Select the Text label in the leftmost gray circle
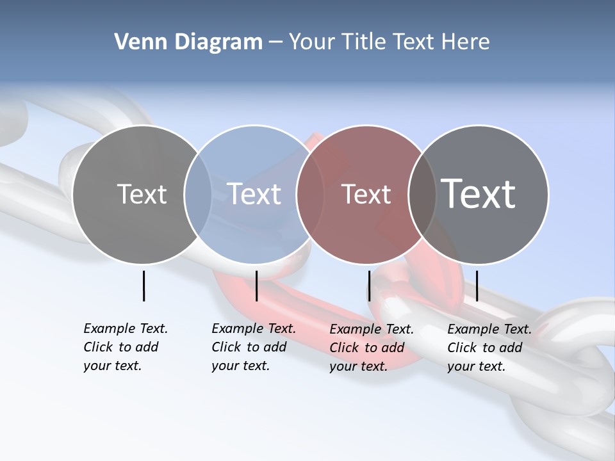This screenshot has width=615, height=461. pos(142,194)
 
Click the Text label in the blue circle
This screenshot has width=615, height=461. pos(254,194)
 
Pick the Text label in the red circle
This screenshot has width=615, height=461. pos(366,194)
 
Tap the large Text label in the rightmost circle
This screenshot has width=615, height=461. pos(478,194)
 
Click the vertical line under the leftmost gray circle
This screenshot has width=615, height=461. pos(143,286)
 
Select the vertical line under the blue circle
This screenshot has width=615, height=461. pos(256,286)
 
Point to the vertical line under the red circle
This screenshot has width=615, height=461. pos(369,286)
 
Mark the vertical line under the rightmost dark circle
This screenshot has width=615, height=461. pos(477,286)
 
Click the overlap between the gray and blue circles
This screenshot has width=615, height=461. pos(198,195)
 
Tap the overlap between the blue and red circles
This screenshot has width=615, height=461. pos(309,195)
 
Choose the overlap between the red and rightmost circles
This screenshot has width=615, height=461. pos(422,195)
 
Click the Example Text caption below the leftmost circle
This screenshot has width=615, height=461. pos(125,347)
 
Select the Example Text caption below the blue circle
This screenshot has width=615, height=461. pos(253,347)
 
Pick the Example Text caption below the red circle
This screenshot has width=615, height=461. pos(371,348)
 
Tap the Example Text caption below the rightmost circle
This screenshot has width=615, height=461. pos(489,348)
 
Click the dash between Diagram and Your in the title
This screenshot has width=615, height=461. pos(275,42)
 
